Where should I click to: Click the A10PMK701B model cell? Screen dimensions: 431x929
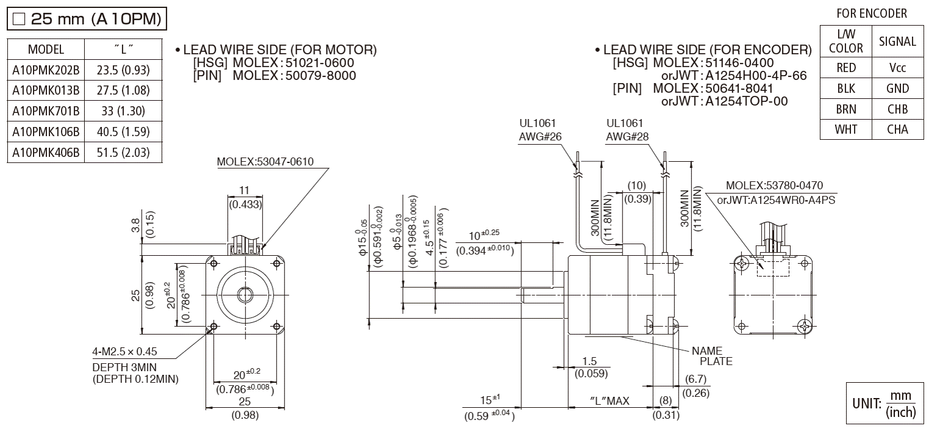click(46, 111)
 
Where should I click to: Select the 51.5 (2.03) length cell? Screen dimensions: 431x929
click(123, 153)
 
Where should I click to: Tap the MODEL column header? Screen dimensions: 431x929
click(46, 49)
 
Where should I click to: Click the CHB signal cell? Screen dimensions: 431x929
click(897, 109)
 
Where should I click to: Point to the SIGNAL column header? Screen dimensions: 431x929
click(897, 42)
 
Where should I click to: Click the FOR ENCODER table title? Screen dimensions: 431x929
click(871, 13)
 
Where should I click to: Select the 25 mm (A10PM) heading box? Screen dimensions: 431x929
click(86, 19)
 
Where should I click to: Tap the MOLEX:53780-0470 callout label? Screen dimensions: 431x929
click(775, 186)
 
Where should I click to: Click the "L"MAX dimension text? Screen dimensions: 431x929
click(609, 400)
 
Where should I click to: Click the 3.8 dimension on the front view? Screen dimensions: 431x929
click(135, 225)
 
